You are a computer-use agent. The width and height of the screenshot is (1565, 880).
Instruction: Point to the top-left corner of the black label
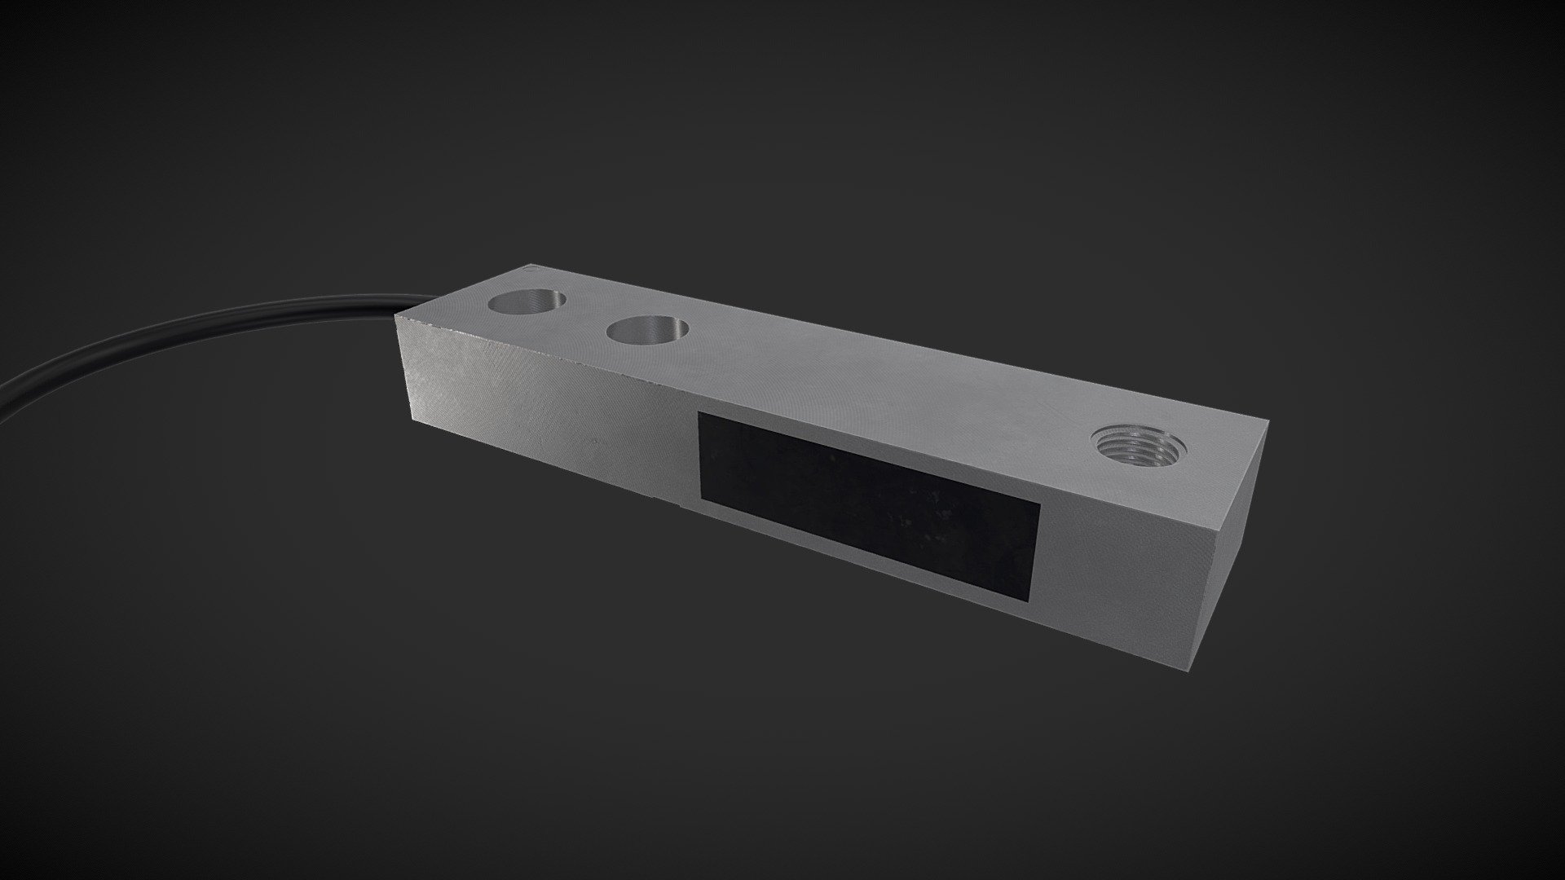coord(699,412)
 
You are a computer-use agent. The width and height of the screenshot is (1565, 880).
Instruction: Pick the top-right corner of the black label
coord(1041,503)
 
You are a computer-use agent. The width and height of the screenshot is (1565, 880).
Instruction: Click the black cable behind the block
coord(204,326)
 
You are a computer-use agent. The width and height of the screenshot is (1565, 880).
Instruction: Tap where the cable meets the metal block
coord(399,312)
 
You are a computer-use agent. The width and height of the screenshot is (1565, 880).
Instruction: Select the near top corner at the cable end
coord(395,315)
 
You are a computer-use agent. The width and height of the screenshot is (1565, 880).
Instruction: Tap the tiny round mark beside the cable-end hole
coord(531,266)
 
